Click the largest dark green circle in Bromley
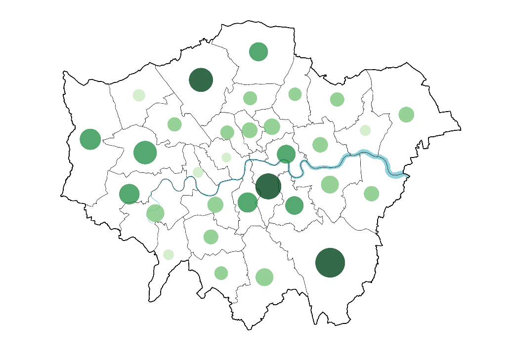click(x=330, y=263)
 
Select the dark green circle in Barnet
click(x=201, y=80)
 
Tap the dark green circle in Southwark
click(x=268, y=186)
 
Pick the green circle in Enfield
click(x=258, y=51)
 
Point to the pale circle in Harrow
click(x=139, y=95)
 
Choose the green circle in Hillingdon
click(x=90, y=139)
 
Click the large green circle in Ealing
click(x=145, y=152)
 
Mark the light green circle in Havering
click(x=406, y=114)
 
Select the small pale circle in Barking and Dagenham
click(x=365, y=130)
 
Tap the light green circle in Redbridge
click(x=337, y=99)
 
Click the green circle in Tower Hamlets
click(x=286, y=154)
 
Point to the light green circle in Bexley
click(x=372, y=194)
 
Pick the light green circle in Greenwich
click(x=330, y=184)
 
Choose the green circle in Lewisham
click(x=294, y=205)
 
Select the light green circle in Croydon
click(x=264, y=277)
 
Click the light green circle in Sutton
click(x=221, y=273)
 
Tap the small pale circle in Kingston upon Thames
click(x=169, y=254)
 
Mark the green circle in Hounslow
click(x=129, y=194)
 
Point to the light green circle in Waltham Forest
click(x=295, y=94)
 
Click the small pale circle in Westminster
click(x=226, y=158)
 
